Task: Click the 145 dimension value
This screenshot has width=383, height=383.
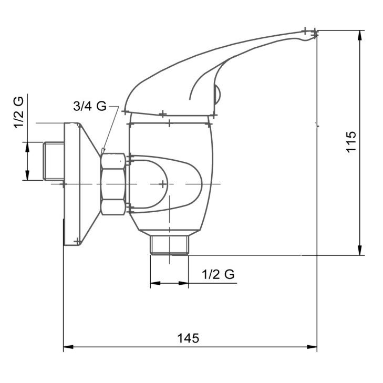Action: pos(188,338)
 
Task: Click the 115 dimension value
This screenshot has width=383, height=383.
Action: pos(351,142)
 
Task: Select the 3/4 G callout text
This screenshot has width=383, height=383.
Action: pos(90,106)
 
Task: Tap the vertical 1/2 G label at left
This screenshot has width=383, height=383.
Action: pos(19,112)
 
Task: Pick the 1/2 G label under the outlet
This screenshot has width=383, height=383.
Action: pos(218,274)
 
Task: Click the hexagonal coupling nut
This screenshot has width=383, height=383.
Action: pos(113,184)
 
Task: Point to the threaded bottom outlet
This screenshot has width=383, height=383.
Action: pos(170,245)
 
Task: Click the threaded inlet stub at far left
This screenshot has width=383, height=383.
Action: pos(54,161)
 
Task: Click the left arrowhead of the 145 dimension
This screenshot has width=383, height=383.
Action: pos(68,347)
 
